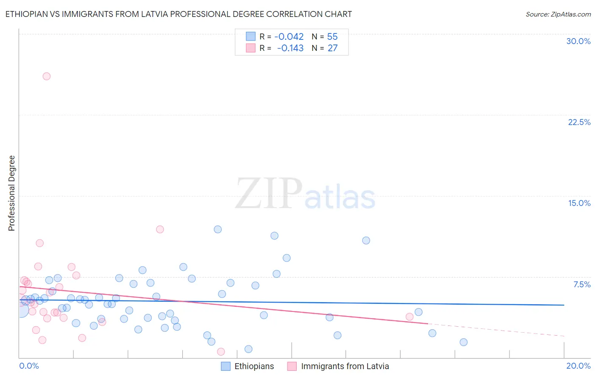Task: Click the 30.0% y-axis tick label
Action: click(x=578, y=41)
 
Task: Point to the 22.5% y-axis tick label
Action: click(x=579, y=122)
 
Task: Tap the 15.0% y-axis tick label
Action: click(x=579, y=203)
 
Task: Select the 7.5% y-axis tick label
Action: click(x=582, y=284)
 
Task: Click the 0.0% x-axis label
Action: click(x=29, y=366)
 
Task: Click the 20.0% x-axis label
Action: click(x=578, y=366)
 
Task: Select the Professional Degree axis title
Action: click(x=11, y=193)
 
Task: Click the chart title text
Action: click(x=178, y=14)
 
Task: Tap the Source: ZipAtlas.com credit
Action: click(x=558, y=14)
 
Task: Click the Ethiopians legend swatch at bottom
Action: click(x=226, y=366)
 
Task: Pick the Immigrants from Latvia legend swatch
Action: click(x=292, y=366)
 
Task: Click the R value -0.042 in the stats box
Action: click(x=289, y=37)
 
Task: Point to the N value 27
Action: click(x=332, y=48)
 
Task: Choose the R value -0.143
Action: click(x=290, y=48)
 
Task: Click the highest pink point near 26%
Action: click(x=47, y=76)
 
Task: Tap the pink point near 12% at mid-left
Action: click(x=160, y=229)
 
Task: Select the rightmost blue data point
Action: click(x=463, y=342)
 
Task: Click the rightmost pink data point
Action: click(x=409, y=317)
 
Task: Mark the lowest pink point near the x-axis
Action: click(x=221, y=352)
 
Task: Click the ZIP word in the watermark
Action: click(x=269, y=193)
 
